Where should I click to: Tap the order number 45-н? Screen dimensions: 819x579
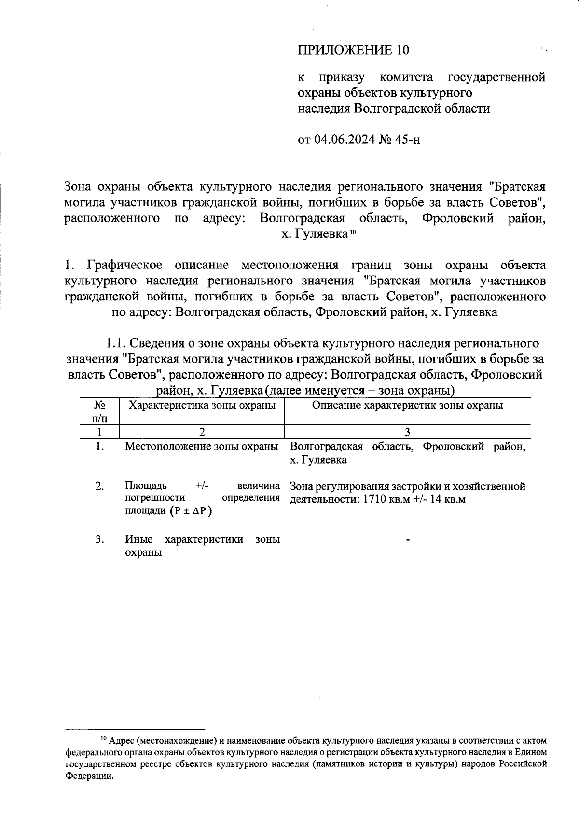[x=408, y=140]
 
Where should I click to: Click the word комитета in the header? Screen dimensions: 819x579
[x=406, y=77]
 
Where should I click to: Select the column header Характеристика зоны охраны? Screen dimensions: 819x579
[x=202, y=405]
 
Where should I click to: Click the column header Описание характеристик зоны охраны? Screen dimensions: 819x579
[x=407, y=405]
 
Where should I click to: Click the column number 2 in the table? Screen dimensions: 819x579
[x=202, y=432]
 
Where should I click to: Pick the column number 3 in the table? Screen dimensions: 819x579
[x=407, y=432]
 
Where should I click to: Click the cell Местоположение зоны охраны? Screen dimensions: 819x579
[x=202, y=447]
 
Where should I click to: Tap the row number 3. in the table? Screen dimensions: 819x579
[x=99, y=539]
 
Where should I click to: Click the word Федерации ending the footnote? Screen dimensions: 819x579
[x=89, y=777]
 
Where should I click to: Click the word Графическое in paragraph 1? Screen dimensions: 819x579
[x=124, y=265]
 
